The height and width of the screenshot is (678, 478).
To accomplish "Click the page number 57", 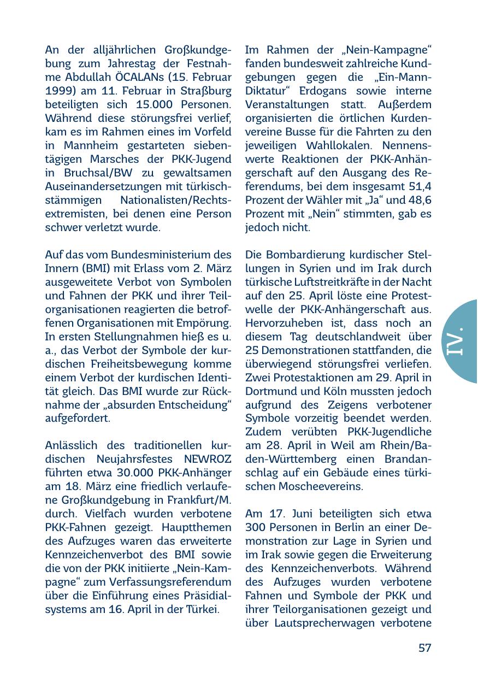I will (425, 648).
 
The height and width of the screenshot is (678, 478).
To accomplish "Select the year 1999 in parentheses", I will (58, 90).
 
